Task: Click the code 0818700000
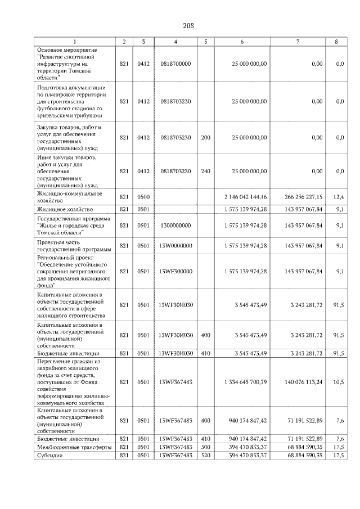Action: (x=176, y=64)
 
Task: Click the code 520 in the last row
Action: (x=205, y=455)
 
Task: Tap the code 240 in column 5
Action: (x=205, y=171)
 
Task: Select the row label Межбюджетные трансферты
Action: (x=74, y=447)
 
